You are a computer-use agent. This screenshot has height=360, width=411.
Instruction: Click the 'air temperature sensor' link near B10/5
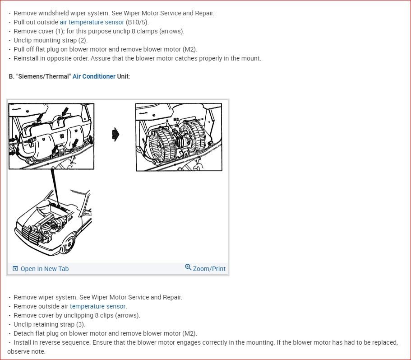[92, 22]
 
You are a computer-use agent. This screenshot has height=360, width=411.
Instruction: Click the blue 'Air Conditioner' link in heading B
[94, 76]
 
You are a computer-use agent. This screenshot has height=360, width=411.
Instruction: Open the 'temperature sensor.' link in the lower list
[98, 306]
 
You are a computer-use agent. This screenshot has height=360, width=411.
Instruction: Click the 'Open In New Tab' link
[45, 269]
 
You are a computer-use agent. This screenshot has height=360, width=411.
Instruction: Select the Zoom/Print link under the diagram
[209, 269]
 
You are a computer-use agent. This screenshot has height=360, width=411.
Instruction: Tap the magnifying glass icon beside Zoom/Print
[188, 267]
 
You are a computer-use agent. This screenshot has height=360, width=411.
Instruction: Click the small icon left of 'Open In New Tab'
[15, 268]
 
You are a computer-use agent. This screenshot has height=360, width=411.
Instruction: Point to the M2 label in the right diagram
[176, 120]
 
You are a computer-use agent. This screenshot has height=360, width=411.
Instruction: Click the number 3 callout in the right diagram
[167, 121]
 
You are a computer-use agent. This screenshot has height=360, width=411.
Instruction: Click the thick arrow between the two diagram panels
[115, 135]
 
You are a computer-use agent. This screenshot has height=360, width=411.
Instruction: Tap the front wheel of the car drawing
[69, 244]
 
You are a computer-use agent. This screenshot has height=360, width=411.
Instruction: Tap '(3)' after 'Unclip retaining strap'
[81, 324]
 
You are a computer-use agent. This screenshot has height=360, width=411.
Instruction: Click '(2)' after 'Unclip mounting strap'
[83, 40]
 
